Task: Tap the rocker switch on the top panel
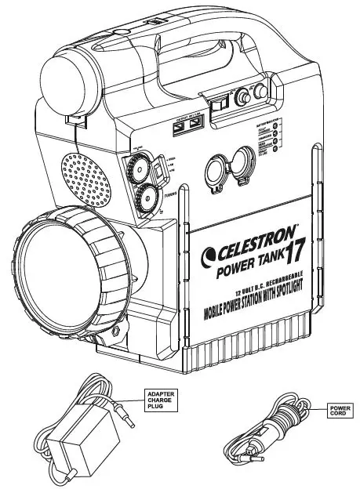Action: coord(224,103)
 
